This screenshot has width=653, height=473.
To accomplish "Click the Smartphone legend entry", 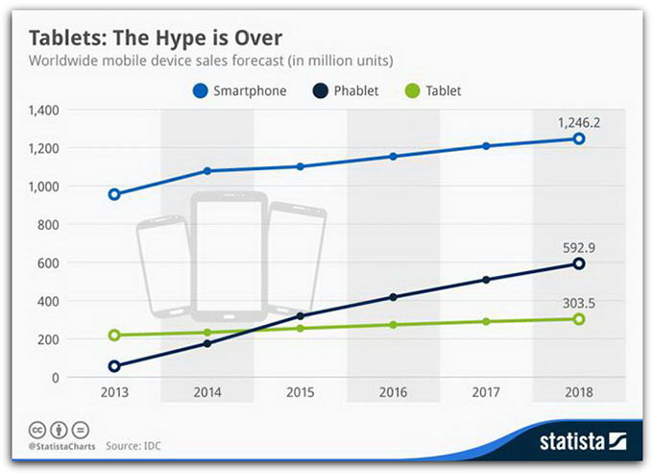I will (x=239, y=91).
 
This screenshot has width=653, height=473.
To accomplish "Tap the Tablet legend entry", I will (x=436, y=91).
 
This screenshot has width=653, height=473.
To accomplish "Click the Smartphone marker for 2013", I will (x=114, y=194).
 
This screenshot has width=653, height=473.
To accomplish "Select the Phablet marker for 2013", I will (x=114, y=366).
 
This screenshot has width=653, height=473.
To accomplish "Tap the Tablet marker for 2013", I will (x=114, y=336).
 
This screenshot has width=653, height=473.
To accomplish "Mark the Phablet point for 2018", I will (x=579, y=263).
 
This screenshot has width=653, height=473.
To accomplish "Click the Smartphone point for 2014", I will (x=207, y=171).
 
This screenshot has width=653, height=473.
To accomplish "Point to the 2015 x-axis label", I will (x=300, y=393).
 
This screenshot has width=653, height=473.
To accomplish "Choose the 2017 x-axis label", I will (x=486, y=393).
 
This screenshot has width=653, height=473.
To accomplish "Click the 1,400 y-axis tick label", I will (x=43, y=112).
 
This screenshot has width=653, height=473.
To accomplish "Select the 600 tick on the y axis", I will (x=48, y=263).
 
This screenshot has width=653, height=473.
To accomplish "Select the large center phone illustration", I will (x=230, y=257).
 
